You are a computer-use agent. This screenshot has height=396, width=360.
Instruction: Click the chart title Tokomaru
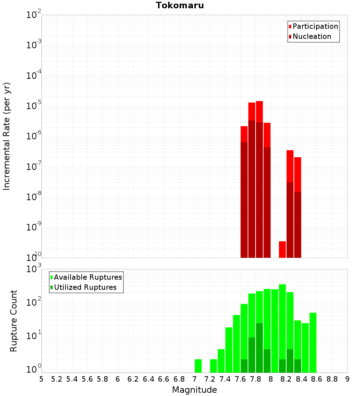click(x=180, y=5)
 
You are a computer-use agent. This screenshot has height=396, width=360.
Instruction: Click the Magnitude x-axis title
click(x=194, y=390)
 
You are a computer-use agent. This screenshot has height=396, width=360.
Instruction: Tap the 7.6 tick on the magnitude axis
click(x=240, y=379)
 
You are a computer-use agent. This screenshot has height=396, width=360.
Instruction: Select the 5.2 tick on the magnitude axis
click(x=57, y=379)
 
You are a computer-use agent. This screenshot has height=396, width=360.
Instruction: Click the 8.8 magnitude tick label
click(x=332, y=379)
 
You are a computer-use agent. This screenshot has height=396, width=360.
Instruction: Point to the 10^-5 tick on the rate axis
click(x=33, y=106)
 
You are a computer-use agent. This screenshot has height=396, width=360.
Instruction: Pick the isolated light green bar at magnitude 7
click(x=198, y=365)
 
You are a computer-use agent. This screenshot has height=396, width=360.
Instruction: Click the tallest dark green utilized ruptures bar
click(x=259, y=347)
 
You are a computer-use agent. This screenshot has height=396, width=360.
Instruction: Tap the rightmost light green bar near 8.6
click(x=313, y=342)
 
